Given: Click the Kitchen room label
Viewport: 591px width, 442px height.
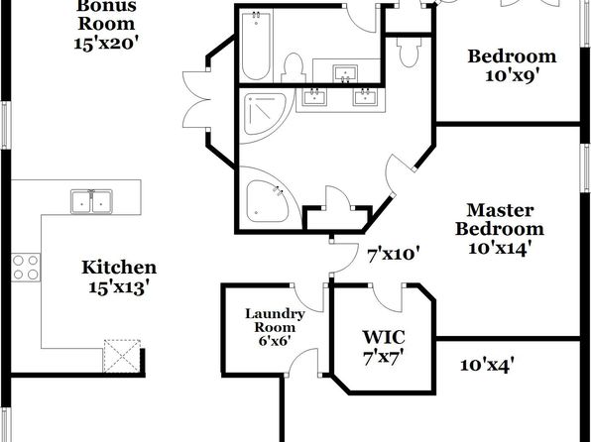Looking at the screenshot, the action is (119, 268).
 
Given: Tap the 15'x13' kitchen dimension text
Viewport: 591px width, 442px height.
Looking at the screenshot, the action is (117, 287).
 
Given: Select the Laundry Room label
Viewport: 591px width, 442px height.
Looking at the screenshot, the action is (275, 320).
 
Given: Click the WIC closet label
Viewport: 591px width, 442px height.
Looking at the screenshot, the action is (384, 337).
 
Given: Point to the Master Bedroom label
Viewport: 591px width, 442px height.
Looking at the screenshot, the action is (500, 219).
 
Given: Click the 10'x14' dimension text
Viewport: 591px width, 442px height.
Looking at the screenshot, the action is (500, 249).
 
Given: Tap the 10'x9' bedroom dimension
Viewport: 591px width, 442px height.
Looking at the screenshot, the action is (511, 76).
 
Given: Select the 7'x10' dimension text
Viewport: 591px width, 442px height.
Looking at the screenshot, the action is (394, 255).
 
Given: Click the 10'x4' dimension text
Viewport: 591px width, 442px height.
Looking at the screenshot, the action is (487, 365).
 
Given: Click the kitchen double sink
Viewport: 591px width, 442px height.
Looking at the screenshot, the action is (91, 201).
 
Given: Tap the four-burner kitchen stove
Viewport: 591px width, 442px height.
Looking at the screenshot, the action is (26, 268).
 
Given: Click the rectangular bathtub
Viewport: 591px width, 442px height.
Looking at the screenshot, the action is (256, 47).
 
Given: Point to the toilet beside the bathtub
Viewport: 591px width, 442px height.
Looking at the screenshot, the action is (293, 68).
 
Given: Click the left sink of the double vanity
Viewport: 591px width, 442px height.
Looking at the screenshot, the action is (313, 97).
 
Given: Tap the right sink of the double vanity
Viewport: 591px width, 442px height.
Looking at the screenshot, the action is (365, 97).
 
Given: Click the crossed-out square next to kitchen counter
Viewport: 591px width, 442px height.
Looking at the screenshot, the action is (121, 356).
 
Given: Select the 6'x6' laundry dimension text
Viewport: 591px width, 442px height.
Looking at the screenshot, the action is (274, 341).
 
